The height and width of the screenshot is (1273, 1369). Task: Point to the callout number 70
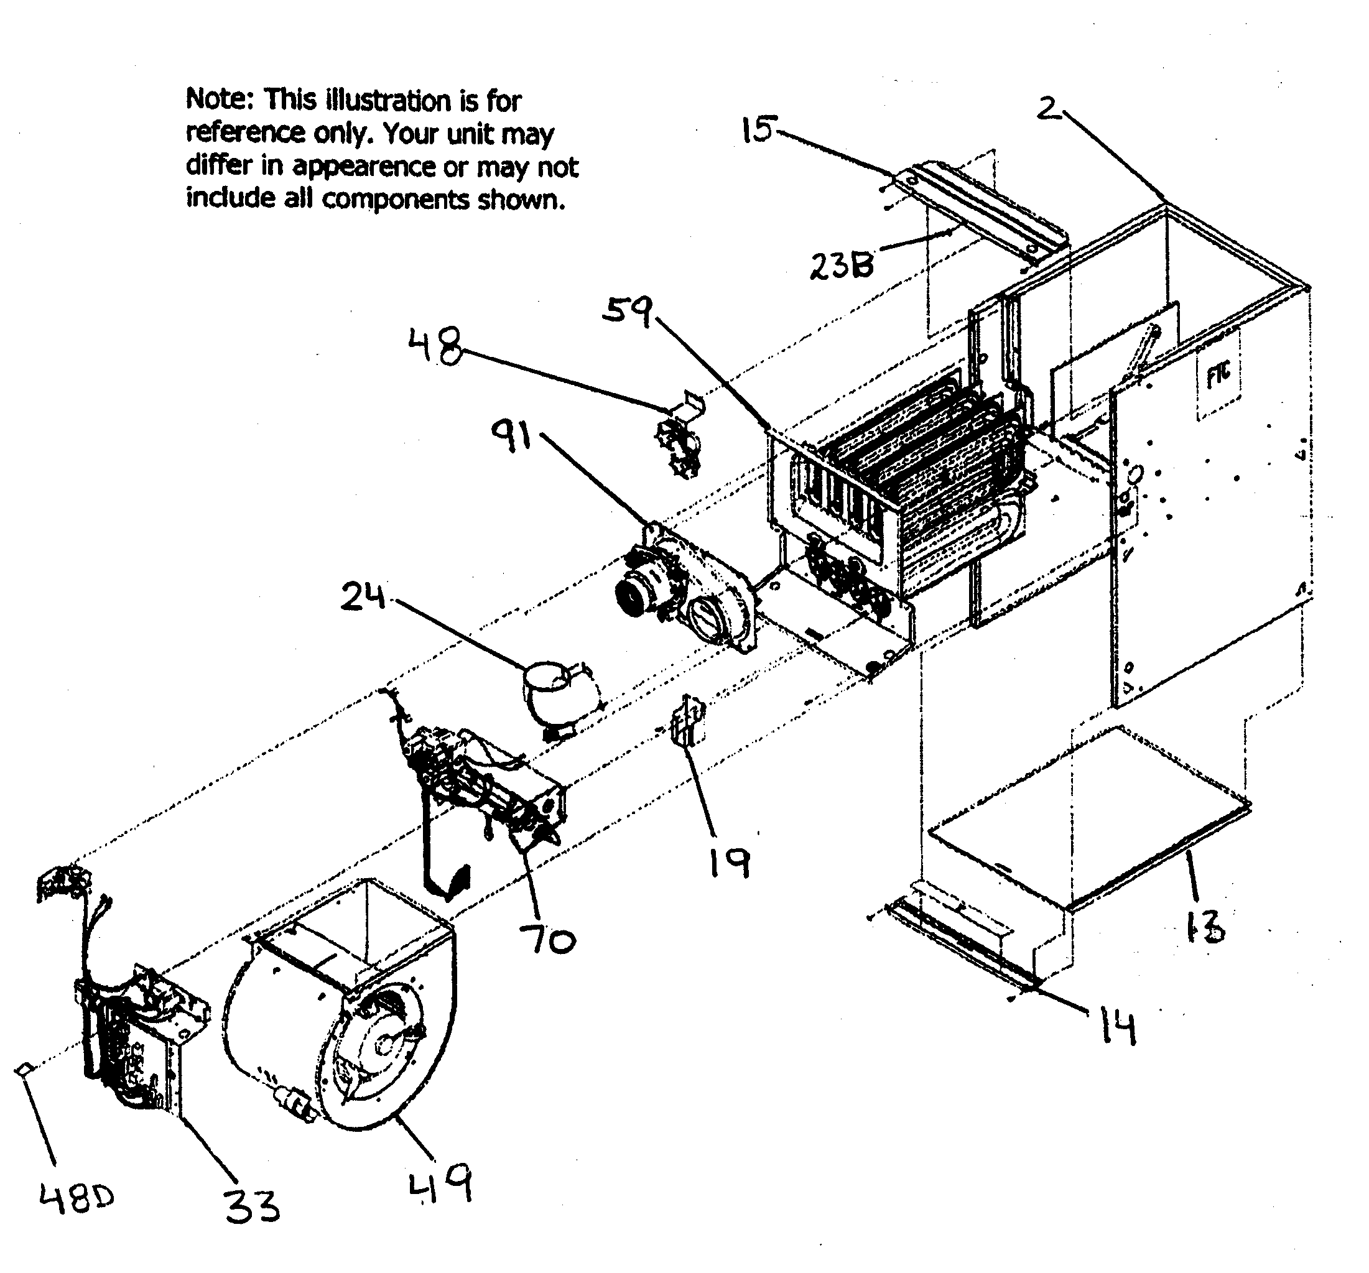[547, 939]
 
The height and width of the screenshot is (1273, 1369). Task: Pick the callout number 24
[363, 596]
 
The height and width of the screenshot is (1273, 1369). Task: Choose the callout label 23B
[842, 265]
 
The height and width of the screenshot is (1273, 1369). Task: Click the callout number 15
[759, 129]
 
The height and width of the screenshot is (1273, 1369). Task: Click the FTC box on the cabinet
[1219, 373]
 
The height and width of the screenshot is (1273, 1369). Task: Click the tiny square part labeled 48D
[23, 1068]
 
